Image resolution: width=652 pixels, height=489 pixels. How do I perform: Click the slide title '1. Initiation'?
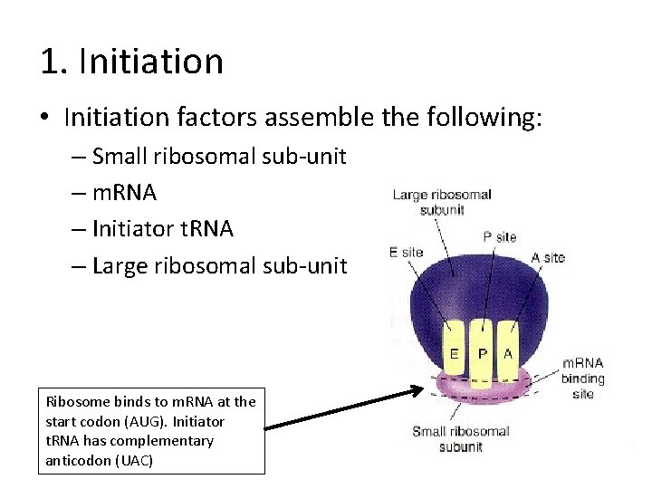point(131,62)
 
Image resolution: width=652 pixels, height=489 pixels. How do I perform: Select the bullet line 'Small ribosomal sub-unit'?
point(219,157)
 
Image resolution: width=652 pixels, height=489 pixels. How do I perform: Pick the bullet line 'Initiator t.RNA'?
point(163,229)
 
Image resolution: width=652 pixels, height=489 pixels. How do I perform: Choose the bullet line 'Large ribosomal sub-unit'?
point(219,265)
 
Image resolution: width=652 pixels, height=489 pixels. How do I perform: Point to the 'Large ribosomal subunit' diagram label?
point(442,202)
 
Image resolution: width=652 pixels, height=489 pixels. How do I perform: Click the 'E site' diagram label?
point(406,253)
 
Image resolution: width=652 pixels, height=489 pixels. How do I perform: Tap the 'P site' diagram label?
point(500,237)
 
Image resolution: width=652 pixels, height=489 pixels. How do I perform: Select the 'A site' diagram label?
point(548,257)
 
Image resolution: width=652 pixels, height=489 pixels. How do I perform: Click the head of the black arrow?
point(418,391)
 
